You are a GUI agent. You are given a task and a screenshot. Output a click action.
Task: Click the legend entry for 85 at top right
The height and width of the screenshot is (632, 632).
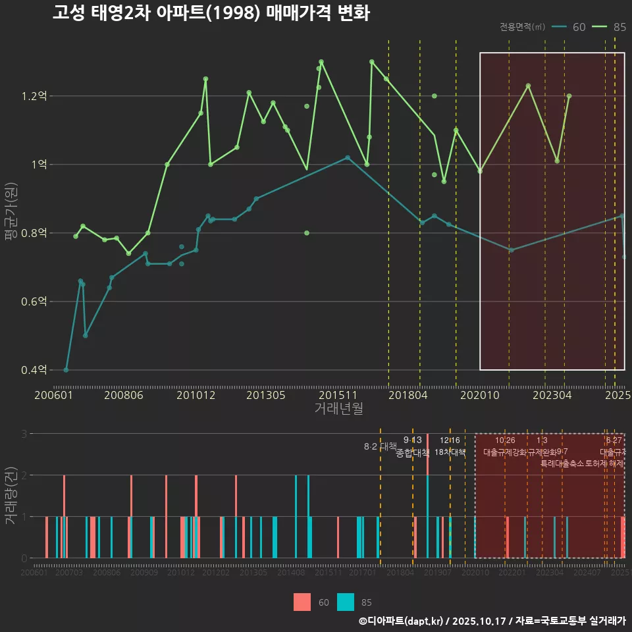click(x=609, y=27)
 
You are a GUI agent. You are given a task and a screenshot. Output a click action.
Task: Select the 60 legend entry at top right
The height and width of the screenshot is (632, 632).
click(x=569, y=27)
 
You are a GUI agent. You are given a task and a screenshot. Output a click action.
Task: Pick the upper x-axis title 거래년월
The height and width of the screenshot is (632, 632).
click(x=338, y=409)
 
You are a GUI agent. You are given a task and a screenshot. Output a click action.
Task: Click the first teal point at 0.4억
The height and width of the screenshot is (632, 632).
click(x=66, y=370)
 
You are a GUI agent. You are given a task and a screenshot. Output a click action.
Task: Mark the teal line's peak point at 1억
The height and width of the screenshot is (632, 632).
click(x=348, y=157)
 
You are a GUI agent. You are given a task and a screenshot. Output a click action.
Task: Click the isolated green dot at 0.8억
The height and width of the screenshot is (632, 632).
click(x=307, y=233)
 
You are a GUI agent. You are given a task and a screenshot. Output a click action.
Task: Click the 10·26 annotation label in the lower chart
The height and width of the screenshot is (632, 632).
click(x=505, y=440)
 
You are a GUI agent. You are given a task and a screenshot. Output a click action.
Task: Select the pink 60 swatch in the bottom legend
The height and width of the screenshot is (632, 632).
click(x=302, y=602)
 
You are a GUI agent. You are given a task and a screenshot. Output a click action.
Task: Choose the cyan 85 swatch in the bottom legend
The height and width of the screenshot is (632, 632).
click(x=346, y=602)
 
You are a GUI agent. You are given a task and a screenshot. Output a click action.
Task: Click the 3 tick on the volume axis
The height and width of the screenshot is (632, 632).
click(x=24, y=434)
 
